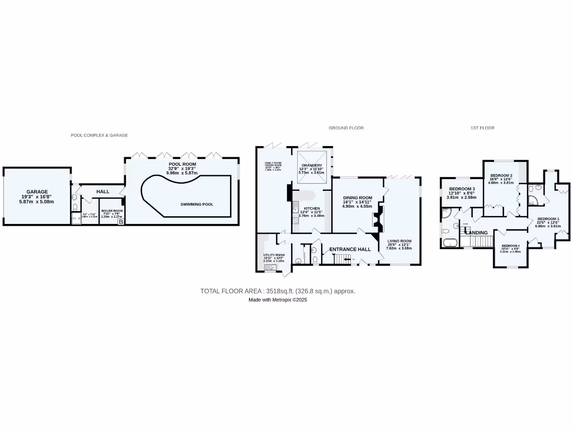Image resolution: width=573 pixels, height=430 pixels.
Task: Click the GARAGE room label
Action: point(37,191)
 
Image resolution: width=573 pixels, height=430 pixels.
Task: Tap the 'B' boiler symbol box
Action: point(120,222)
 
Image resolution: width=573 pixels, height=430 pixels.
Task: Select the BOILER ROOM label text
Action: point(112,211)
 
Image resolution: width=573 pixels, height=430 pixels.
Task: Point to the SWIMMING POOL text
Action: point(197,204)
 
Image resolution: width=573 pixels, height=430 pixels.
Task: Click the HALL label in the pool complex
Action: point(103,192)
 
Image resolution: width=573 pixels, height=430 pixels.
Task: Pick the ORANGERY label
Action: point(311,165)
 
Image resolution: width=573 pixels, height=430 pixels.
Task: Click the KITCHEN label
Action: point(312,208)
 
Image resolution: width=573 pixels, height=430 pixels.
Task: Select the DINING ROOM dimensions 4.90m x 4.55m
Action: point(357,206)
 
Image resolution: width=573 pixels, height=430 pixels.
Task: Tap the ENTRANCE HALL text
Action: point(350,249)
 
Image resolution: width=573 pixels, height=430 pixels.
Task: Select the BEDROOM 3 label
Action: point(462,189)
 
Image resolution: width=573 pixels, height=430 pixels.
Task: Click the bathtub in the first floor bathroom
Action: point(449,242)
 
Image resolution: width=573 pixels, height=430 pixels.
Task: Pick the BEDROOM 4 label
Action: point(510,246)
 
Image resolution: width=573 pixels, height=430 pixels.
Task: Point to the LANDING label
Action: point(473,232)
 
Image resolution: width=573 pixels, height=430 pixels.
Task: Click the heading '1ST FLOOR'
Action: point(482,128)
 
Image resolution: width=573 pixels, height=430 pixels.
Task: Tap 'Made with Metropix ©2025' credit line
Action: point(278,300)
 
